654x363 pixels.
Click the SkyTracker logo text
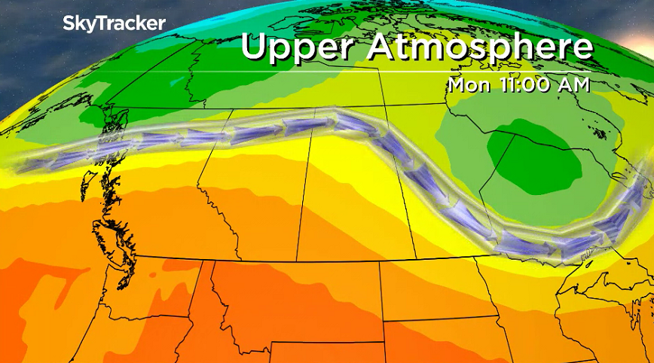(114, 23)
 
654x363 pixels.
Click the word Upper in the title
(299, 47)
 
